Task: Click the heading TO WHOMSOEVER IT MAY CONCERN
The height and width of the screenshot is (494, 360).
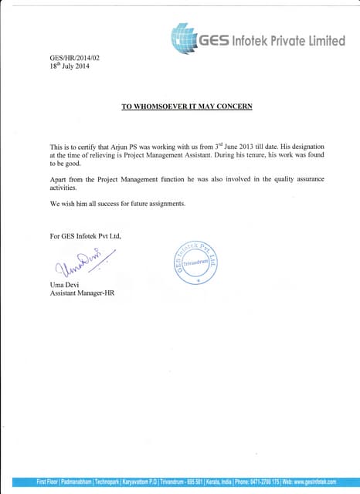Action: tap(187, 105)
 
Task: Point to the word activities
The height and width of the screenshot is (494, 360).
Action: tap(64, 188)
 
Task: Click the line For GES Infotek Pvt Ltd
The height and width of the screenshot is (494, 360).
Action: tap(85, 235)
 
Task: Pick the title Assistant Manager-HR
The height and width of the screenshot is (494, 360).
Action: tap(82, 293)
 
